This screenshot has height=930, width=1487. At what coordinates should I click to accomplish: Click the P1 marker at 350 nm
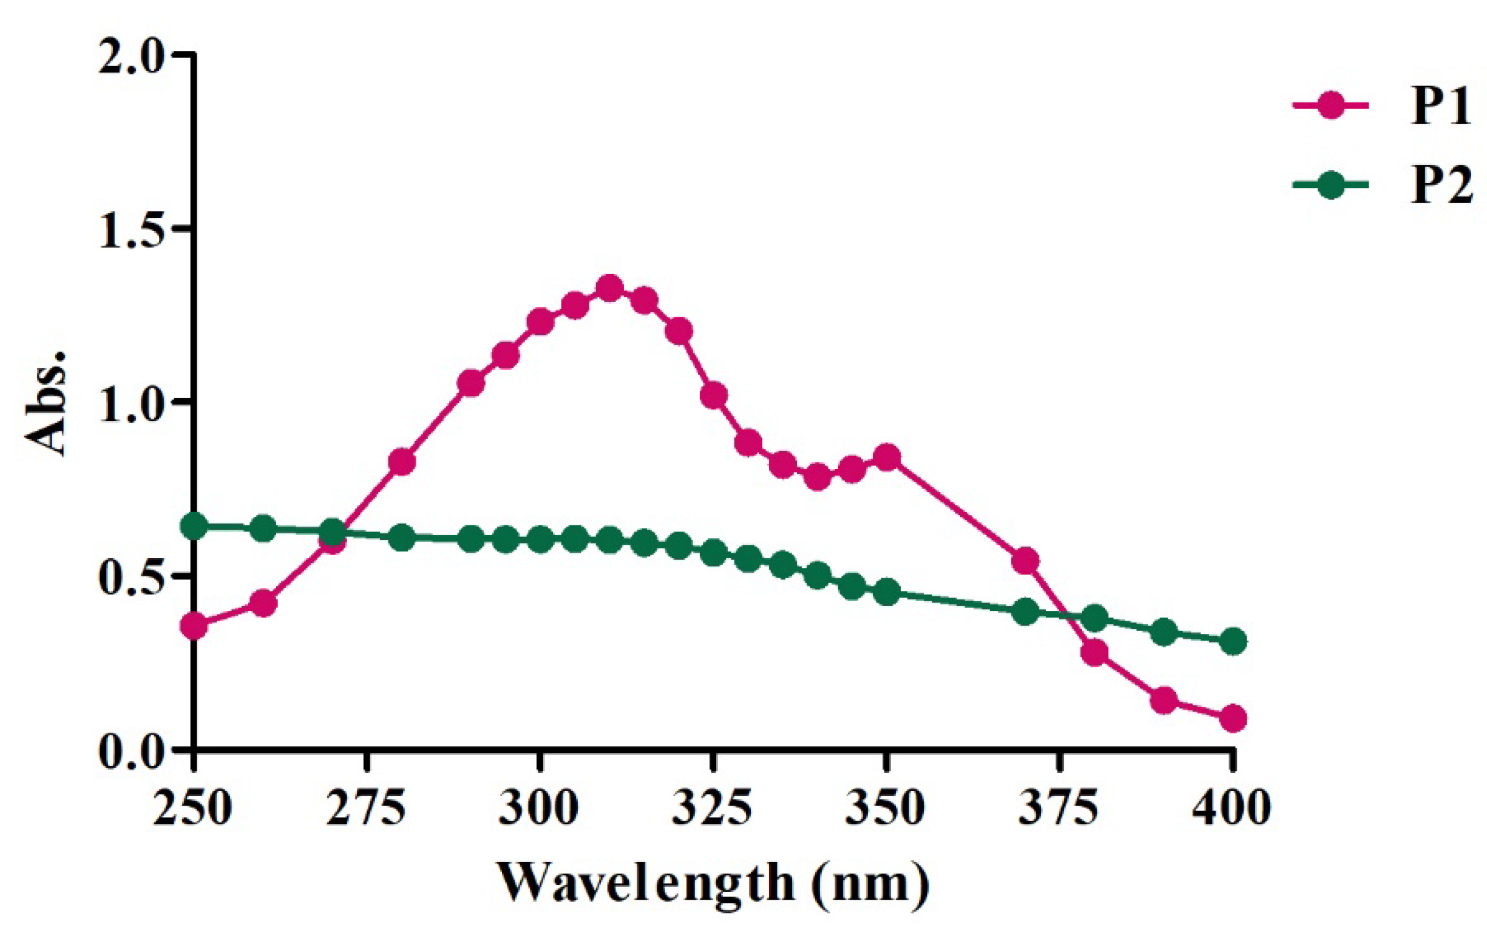click(x=887, y=457)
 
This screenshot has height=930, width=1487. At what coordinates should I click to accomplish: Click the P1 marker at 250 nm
click(x=194, y=627)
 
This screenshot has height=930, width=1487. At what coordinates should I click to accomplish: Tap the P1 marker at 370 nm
click(x=1025, y=561)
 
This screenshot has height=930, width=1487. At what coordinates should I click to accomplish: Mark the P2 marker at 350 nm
click(x=887, y=591)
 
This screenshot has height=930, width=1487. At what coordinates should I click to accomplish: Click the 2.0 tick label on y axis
click(x=134, y=55)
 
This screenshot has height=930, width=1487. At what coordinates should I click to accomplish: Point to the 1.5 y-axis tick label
click(x=134, y=229)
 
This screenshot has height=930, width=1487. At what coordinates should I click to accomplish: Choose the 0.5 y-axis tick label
click(x=134, y=576)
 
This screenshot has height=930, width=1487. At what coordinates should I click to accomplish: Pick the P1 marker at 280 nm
click(x=402, y=461)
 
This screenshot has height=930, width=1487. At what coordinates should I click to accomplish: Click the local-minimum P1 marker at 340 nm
click(x=818, y=476)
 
